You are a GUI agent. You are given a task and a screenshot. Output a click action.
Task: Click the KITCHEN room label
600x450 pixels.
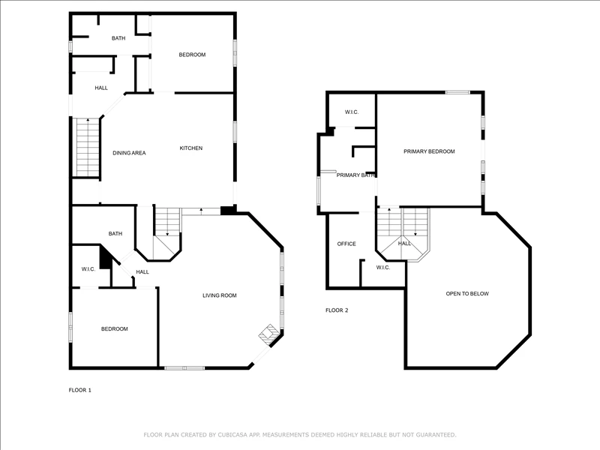(191, 148)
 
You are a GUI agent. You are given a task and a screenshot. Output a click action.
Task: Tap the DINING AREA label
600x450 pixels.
(129, 153)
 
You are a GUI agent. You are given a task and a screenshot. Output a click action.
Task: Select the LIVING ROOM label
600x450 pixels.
(220, 295)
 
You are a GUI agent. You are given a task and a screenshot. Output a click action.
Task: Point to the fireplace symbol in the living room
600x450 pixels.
(268, 333)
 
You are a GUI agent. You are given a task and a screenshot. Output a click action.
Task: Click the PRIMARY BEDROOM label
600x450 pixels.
(429, 151)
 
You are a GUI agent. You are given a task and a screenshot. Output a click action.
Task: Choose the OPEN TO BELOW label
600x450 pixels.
(467, 294)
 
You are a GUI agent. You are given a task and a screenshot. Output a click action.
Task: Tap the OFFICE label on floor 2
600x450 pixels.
(346, 244)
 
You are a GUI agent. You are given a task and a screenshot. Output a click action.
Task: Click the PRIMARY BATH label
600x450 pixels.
(355, 175)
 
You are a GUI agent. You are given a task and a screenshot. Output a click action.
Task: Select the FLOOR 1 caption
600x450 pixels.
(80, 390)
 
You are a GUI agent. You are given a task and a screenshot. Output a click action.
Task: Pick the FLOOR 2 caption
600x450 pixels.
(337, 310)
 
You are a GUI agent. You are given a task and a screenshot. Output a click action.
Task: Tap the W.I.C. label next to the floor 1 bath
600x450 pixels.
(88, 269)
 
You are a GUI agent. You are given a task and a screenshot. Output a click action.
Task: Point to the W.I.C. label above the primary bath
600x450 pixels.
(352, 112)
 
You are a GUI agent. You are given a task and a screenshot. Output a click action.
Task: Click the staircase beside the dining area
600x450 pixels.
(88, 147)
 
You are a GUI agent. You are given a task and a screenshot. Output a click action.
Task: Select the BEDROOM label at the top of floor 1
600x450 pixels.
(192, 55)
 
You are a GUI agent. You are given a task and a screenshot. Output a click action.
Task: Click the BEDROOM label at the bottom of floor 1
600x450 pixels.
(115, 329)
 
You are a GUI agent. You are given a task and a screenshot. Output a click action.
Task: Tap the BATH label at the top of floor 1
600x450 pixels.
(118, 38)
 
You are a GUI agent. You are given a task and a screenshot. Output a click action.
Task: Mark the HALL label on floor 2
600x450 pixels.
(404, 243)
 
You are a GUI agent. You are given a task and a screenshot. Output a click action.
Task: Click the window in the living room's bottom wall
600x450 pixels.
(184, 368)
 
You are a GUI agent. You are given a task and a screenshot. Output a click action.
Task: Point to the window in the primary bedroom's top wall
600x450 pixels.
(457, 92)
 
